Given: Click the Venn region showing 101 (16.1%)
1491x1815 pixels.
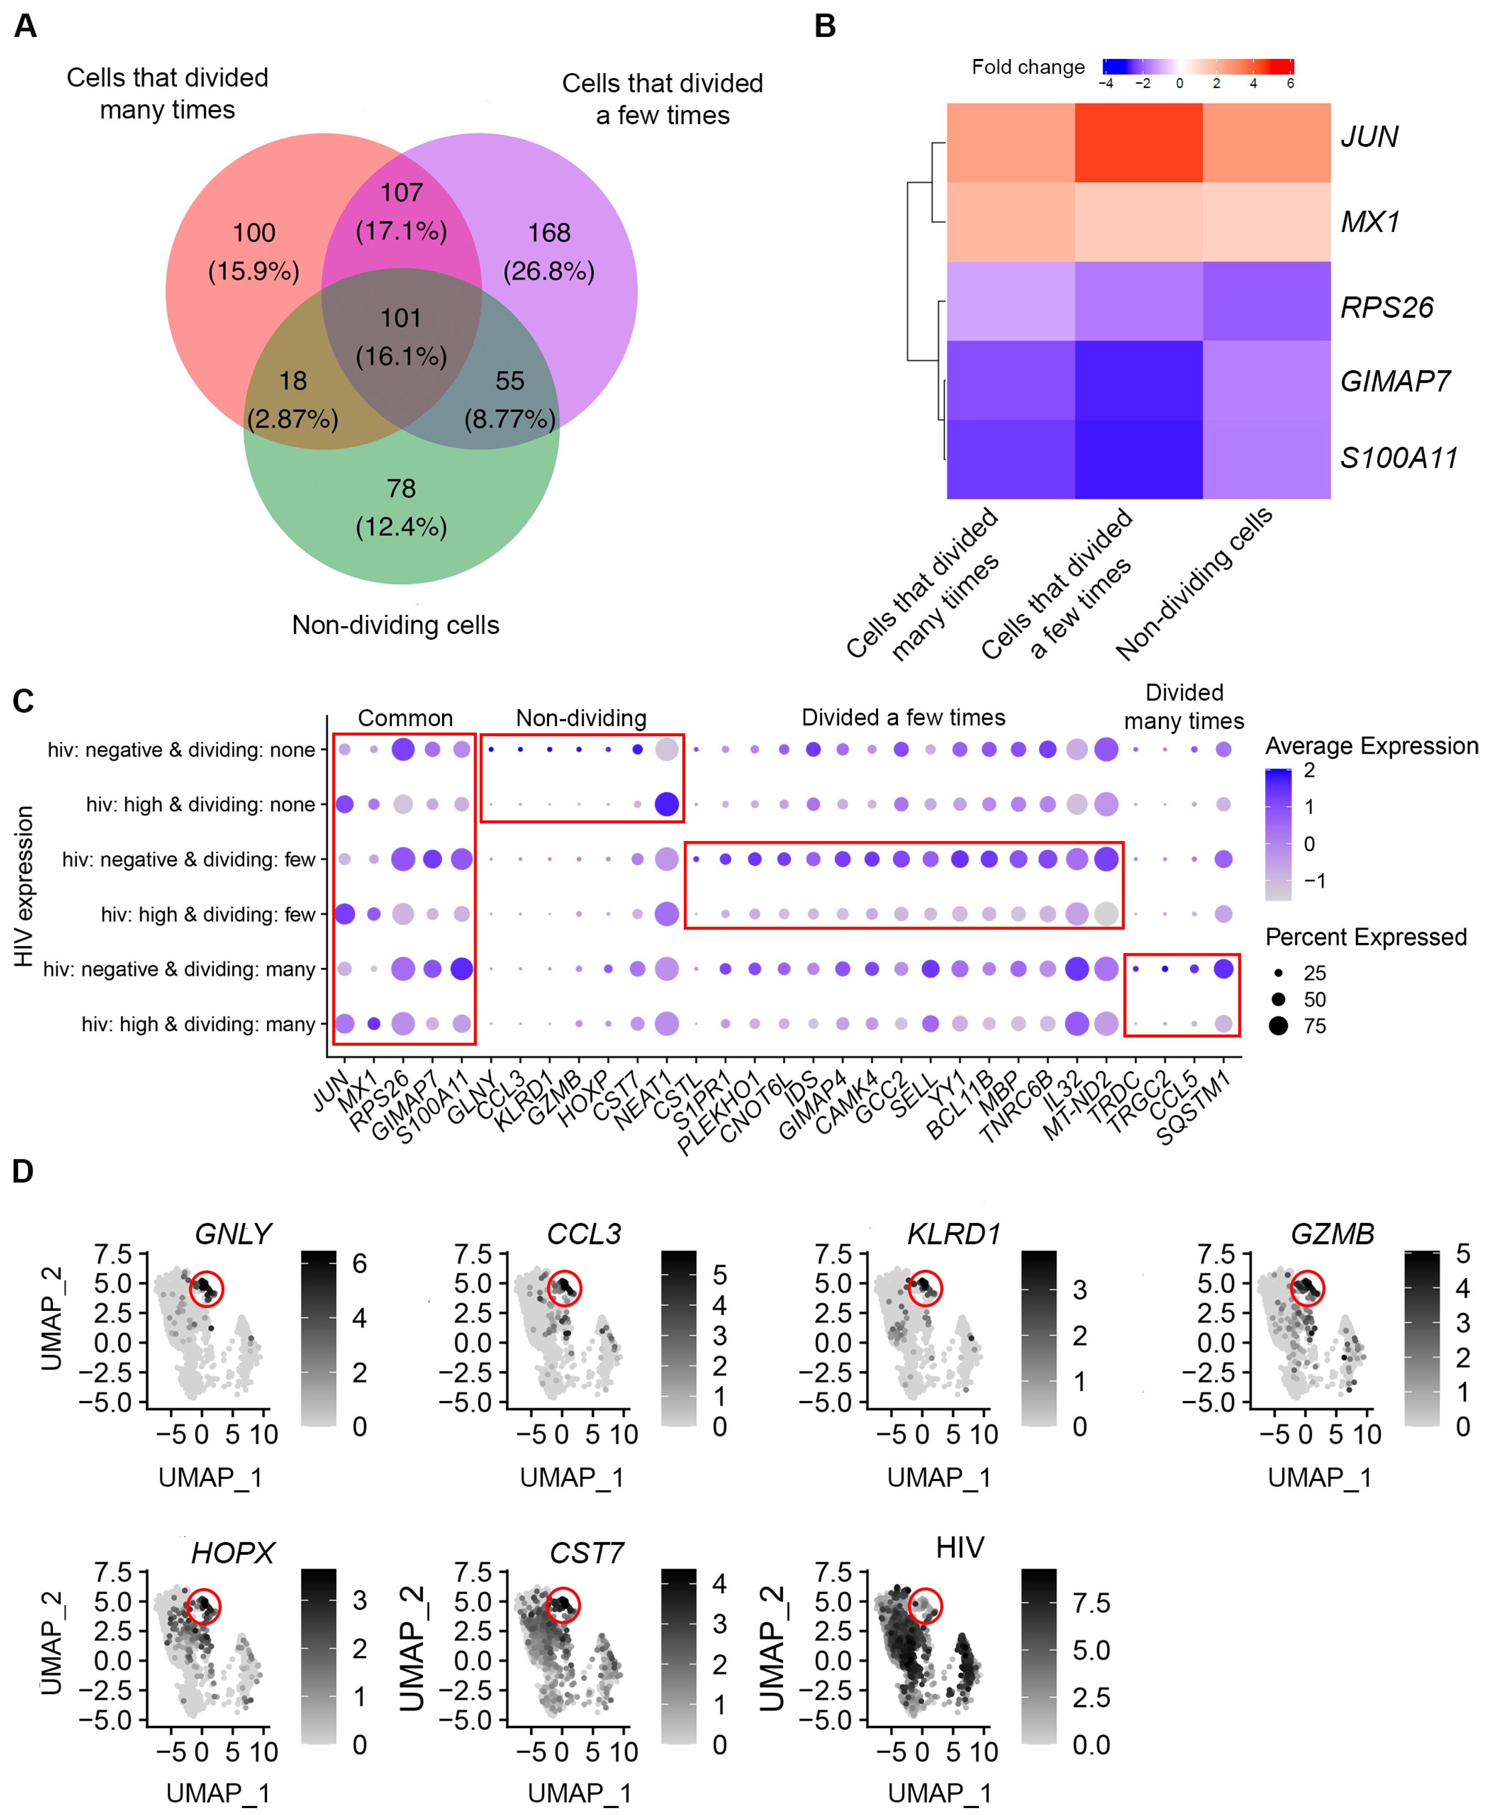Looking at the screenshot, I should pos(401,337).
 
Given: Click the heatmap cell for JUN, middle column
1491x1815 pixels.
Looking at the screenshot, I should pos(1138,142).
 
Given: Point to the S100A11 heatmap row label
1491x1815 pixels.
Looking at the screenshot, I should pos(1398,458).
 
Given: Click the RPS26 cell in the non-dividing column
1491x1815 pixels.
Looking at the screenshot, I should pos(1266,301).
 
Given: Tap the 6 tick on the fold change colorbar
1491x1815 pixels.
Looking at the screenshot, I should pos(1290,83).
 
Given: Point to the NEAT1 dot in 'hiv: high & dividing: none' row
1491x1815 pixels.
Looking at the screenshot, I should pos(667,805).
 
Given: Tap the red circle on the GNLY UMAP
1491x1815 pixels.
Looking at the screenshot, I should pos(206,1288).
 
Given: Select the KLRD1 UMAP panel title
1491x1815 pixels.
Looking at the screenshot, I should pos(953,1234).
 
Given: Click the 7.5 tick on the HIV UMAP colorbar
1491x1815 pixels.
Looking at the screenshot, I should pos(1091,1603).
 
